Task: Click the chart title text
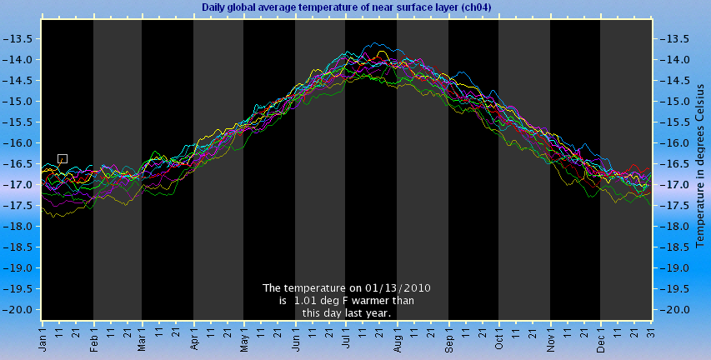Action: pos(347,7)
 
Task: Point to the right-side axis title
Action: pos(700,166)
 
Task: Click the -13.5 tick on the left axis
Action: pos(18,39)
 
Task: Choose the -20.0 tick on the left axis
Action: pos(18,310)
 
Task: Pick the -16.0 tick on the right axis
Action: pos(673,143)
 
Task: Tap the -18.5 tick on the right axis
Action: pos(673,247)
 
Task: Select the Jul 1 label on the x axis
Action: pos(346,337)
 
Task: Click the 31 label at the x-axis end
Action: pos(652,333)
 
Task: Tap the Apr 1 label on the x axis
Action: pos(194,337)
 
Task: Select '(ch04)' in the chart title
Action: pos(476,7)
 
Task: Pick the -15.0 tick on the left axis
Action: pos(18,102)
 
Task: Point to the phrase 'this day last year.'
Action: pos(347,312)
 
